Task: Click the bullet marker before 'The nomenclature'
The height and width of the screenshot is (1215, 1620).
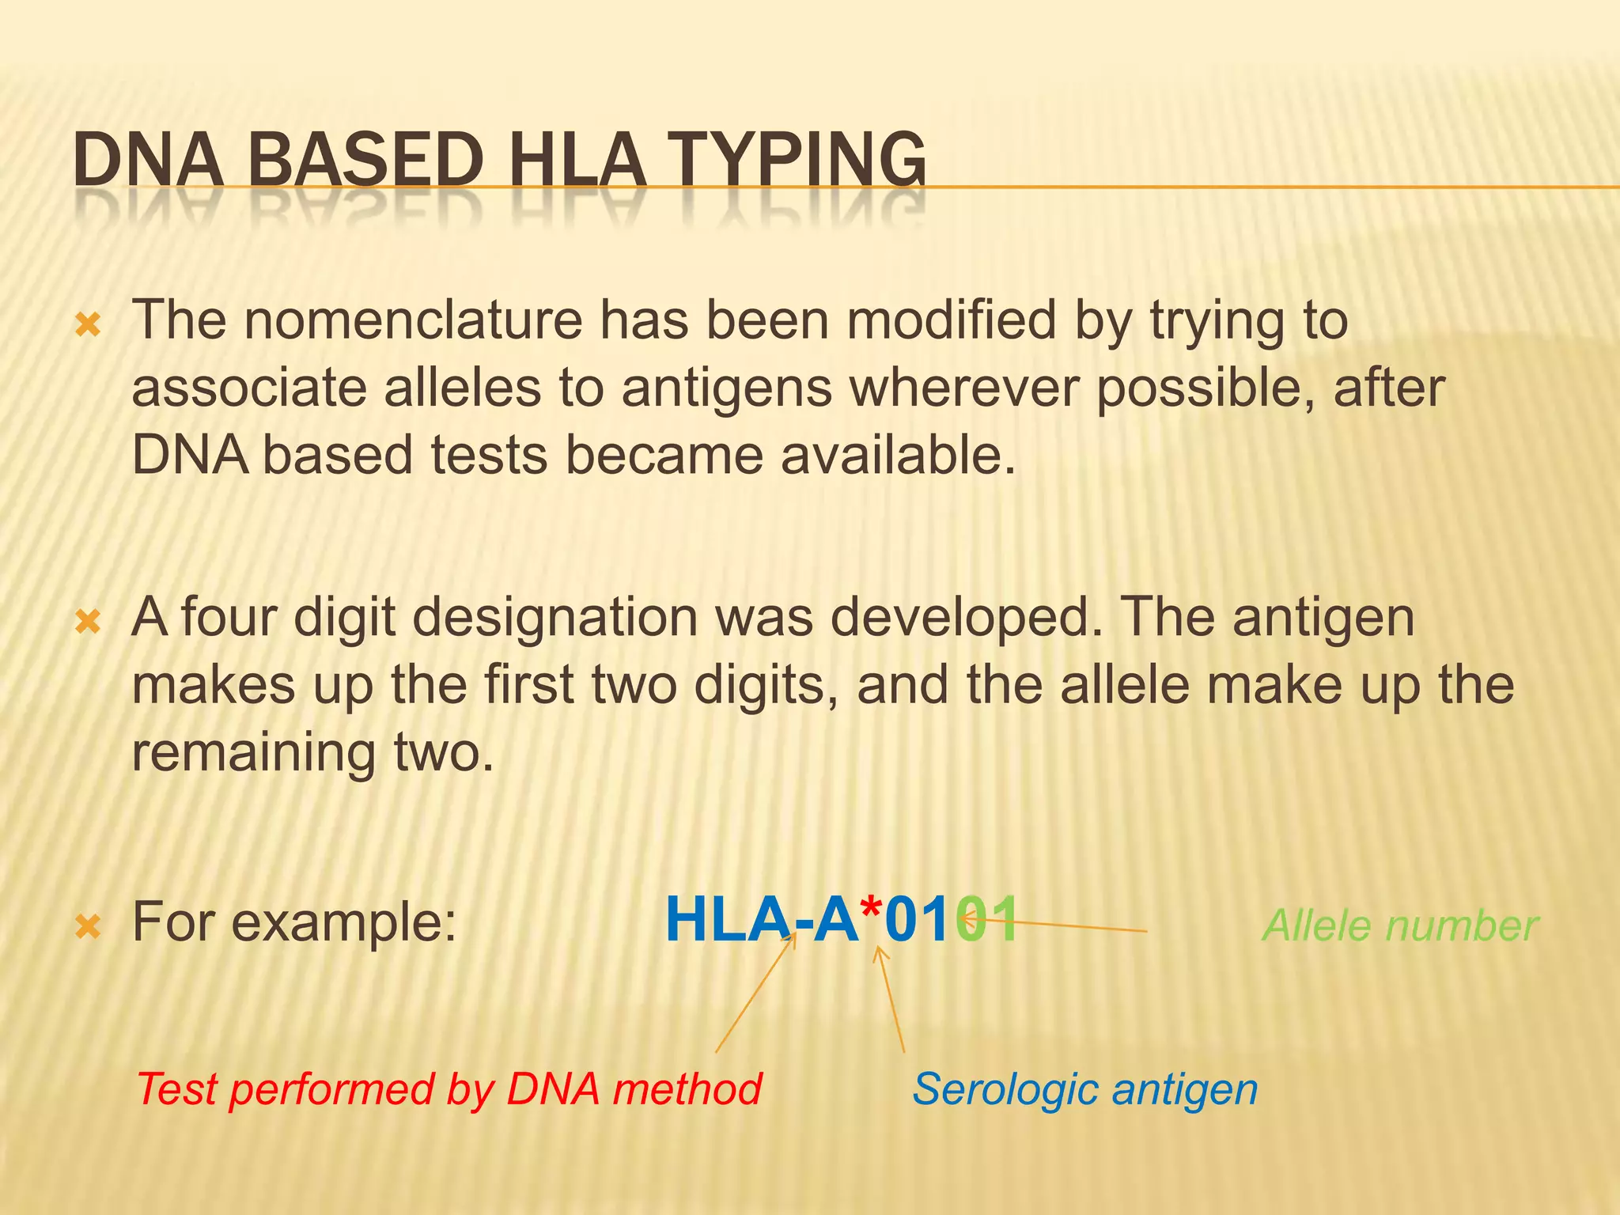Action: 88,324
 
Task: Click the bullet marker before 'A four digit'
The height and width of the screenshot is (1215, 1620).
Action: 88,622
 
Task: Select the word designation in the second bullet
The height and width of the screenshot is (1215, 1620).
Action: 555,618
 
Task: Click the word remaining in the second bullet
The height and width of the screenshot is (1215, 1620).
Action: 253,753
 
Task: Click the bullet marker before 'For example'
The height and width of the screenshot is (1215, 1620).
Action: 88,926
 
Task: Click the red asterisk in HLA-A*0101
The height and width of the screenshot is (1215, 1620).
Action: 871,910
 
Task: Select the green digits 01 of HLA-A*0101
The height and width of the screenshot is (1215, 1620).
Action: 987,920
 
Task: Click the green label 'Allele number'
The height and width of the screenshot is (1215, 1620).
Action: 1399,925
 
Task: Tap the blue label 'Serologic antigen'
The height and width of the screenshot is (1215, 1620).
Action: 1084,1089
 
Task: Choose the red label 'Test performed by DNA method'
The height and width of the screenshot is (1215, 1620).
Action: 449,1089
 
